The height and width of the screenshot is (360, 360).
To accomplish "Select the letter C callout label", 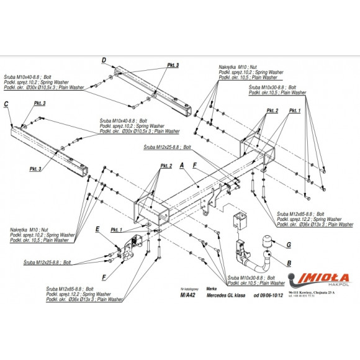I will [x=6, y=104].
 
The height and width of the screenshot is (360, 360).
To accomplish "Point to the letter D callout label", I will [x=104, y=60].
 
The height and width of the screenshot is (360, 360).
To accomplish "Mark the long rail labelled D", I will [x=149, y=87].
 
